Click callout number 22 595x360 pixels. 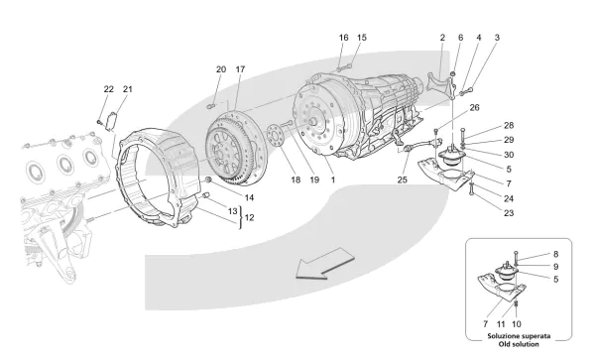click(108, 89)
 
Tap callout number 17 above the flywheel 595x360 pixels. click(240, 69)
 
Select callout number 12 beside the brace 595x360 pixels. click(249, 218)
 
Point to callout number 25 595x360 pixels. click(403, 180)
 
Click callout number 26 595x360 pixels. click(474, 107)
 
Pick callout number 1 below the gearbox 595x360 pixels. click(333, 180)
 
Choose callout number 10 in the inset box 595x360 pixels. click(517, 324)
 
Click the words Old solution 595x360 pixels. click(519, 344)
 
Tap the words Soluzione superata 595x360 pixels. click(519, 336)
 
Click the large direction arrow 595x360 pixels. click(325, 264)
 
